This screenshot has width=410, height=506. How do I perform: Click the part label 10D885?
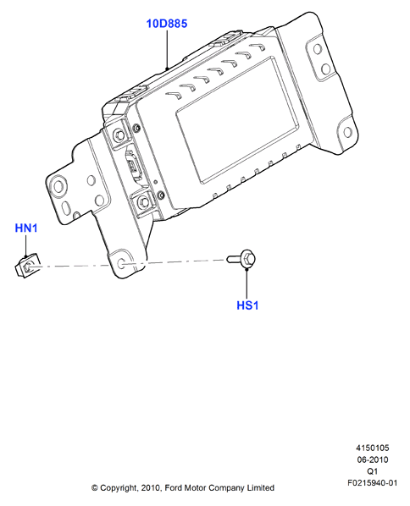tap(167, 24)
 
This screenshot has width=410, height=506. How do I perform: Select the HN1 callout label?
tap(26, 228)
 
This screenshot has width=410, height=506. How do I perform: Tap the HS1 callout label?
tap(247, 305)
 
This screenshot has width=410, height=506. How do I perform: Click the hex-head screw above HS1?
tap(241, 258)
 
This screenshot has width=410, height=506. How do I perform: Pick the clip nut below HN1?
tap(27, 265)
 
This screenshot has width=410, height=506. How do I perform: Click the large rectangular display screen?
tap(237, 119)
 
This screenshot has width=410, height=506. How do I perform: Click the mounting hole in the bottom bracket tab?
tap(121, 264)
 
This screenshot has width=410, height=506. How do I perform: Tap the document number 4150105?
tap(373, 448)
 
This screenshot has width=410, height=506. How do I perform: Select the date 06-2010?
tap(373, 459)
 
